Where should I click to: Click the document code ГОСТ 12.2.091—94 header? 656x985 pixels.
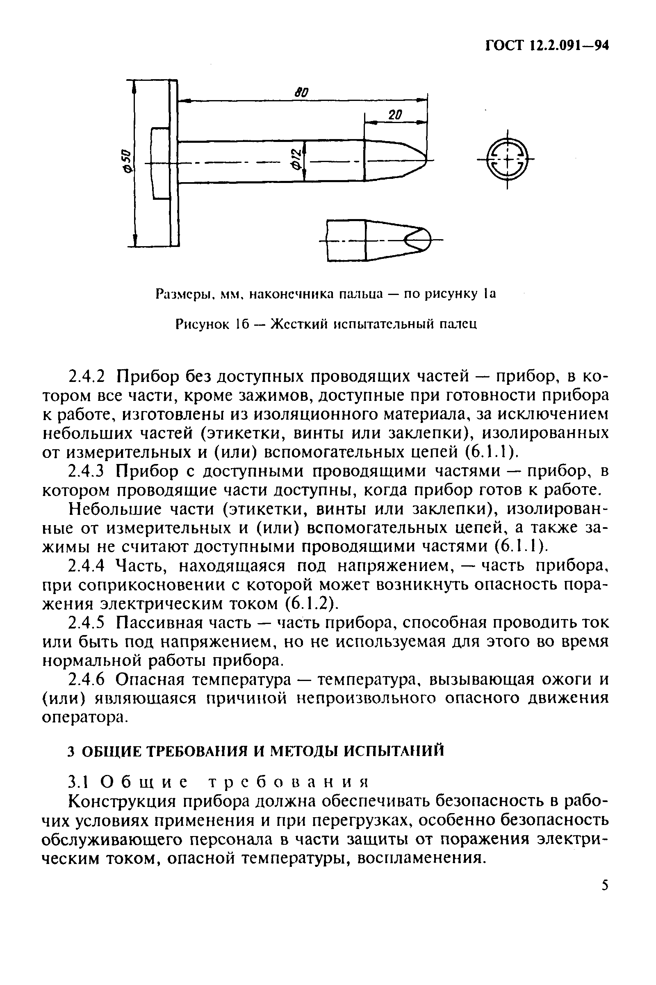point(547,46)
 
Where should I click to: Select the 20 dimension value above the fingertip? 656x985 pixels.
point(394,115)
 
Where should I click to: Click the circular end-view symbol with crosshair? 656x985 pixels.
point(507,160)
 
